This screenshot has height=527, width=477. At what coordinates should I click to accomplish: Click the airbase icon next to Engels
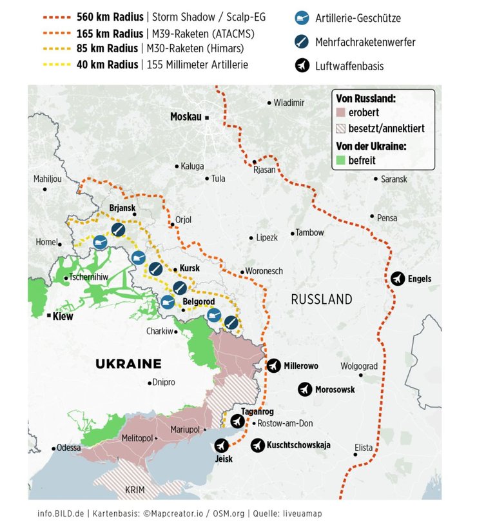coord(398,279)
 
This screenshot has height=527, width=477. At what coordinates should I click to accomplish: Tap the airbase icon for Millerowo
coord(274,366)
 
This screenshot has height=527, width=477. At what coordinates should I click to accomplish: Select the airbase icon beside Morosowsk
coord(305,390)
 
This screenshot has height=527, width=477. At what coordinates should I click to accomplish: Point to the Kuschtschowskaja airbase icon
coord(257,445)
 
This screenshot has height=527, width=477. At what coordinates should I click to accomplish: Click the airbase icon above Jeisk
coord(222,446)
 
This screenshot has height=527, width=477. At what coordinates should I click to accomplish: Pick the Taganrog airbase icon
coord(238,421)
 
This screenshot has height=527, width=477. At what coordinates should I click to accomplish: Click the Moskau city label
coord(186,117)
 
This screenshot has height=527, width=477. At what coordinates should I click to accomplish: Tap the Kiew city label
coord(63,317)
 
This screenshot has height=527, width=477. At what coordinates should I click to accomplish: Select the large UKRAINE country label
coord(128,363)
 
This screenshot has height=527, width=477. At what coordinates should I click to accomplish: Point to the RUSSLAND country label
coord(322,299)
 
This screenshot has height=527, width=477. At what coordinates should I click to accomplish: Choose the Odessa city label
coord(69,448)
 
